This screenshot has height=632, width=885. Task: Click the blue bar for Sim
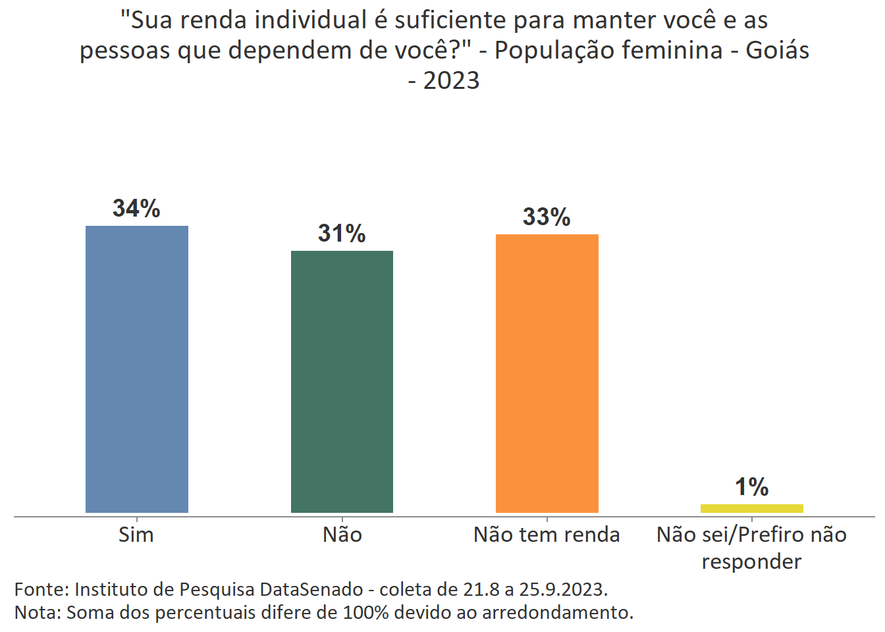tap(137, 369)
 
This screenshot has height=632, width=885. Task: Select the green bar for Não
tap(342, 382)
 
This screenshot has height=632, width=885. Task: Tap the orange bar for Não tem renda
tap(547, 373)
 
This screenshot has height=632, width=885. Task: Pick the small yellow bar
tap(751, 508)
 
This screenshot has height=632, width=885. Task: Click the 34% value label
tap(136, 209)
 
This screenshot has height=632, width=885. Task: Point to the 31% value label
tap(342, 234)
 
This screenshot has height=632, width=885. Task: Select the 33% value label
tap(547, 217)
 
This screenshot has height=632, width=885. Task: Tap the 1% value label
tap(751, 488)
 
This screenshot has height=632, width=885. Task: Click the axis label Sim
tap(136, 535)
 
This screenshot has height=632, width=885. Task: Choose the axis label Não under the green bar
tap(342, 535)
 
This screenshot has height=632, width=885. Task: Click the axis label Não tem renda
tap(547, 535)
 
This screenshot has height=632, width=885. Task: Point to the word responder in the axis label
tap(751, 562)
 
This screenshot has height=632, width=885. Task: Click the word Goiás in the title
tap(777, 51)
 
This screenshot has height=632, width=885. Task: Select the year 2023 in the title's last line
tap(451, 81)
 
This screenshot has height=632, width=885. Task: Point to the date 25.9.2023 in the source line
tap(562, 589)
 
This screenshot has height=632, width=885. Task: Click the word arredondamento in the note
tap(557, 613)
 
